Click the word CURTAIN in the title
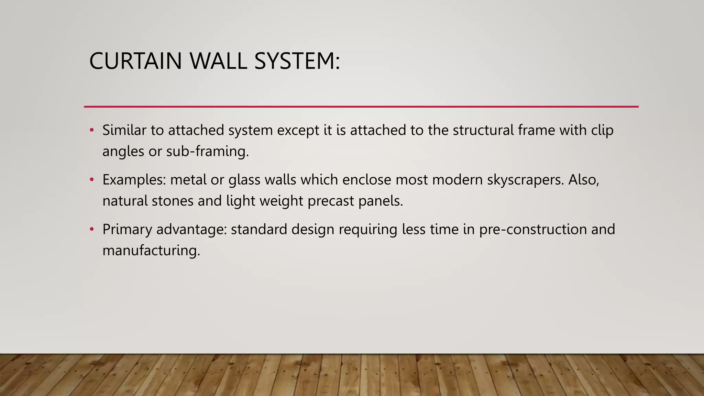(x=135, y=61)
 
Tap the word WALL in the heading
(x=218, y=61)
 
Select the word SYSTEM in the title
(x=294, y=61)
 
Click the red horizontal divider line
(x=361, y=107)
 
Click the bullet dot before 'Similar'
(x=91, y=130)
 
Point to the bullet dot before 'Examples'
(x=91, y=180)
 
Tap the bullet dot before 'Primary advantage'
(x=91, y=229)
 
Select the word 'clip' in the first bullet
(x=602, y=130)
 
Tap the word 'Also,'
(x=584, y=180)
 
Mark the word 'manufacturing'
(x=151, y=251)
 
